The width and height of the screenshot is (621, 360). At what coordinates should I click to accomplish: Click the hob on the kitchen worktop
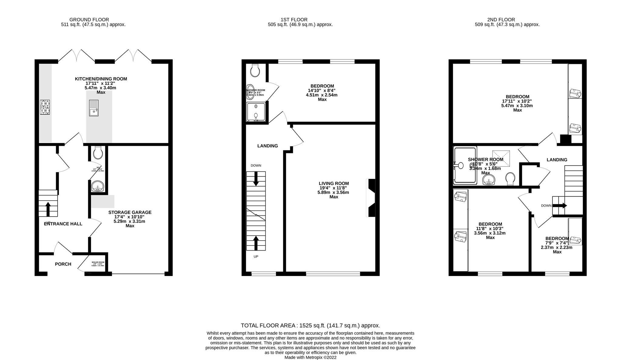point(45,107)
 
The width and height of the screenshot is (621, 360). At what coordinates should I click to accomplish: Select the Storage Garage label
point(130,212)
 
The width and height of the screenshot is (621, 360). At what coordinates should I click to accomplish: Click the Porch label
point(63,264)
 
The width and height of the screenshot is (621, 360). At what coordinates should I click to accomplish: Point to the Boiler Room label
point(98,262)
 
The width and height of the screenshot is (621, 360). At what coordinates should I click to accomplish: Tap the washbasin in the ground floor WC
point(98,186)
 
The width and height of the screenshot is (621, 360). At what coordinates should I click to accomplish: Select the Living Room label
point(334,183)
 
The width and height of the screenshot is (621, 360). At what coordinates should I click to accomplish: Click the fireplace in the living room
point(371,198)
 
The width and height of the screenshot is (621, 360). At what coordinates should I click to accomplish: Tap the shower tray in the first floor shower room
point(256,112)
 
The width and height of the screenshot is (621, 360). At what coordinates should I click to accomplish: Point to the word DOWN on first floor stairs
point(256,165)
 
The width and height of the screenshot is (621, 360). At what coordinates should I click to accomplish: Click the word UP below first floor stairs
point(256,256)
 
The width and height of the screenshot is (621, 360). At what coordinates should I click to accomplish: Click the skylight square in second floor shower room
point(501,158)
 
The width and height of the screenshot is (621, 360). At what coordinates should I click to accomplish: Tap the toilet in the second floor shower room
point(510,178)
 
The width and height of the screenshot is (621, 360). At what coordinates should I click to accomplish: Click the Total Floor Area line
point(310,325)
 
